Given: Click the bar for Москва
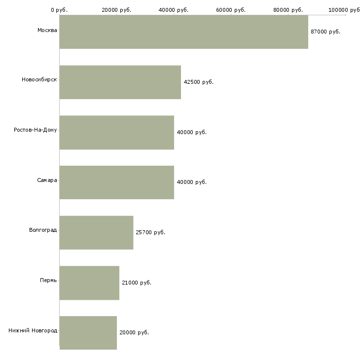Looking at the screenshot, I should coord(183,32).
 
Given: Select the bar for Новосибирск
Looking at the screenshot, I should coord(120,82).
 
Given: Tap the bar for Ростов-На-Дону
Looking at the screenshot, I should coord(117,133).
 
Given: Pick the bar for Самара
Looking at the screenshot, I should coord(117,182).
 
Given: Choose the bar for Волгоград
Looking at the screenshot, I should coord(96,233).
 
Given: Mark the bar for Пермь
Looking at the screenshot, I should coord(89,283).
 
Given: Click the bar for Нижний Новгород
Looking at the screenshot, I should coord(88,333).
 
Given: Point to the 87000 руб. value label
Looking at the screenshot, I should coord(325,32).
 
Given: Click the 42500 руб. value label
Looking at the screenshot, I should coord(198,82).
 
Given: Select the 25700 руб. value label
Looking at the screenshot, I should coord(150,232).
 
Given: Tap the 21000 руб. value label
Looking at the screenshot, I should coord(137,283).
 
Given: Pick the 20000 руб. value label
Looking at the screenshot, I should coord(134,333).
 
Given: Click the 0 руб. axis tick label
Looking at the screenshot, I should coord(59,10).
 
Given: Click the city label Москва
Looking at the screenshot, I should coord(47,31).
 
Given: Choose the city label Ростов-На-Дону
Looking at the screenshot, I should coord(36,130).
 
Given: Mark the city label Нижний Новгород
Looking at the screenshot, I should coord(33,330).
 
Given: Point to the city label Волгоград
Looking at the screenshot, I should coord(43,230).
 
